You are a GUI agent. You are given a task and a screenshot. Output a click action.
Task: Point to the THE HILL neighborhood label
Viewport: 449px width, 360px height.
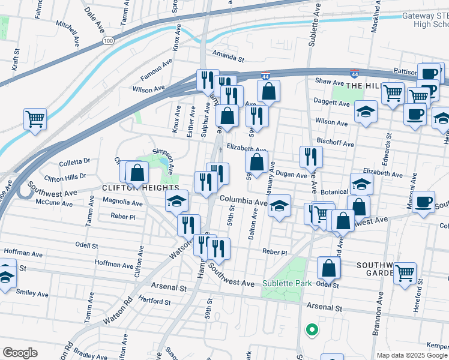(x=363, y=86)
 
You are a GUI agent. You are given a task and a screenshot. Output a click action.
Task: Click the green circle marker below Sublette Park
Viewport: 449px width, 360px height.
(x=312, y=329)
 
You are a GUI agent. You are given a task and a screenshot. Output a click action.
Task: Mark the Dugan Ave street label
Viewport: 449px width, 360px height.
(x=292, y=175)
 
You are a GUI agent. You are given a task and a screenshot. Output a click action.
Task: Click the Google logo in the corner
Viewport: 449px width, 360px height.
(x=20, y=352)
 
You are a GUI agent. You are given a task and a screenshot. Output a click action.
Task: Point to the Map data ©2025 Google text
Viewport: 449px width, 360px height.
(x=412, y=355)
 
